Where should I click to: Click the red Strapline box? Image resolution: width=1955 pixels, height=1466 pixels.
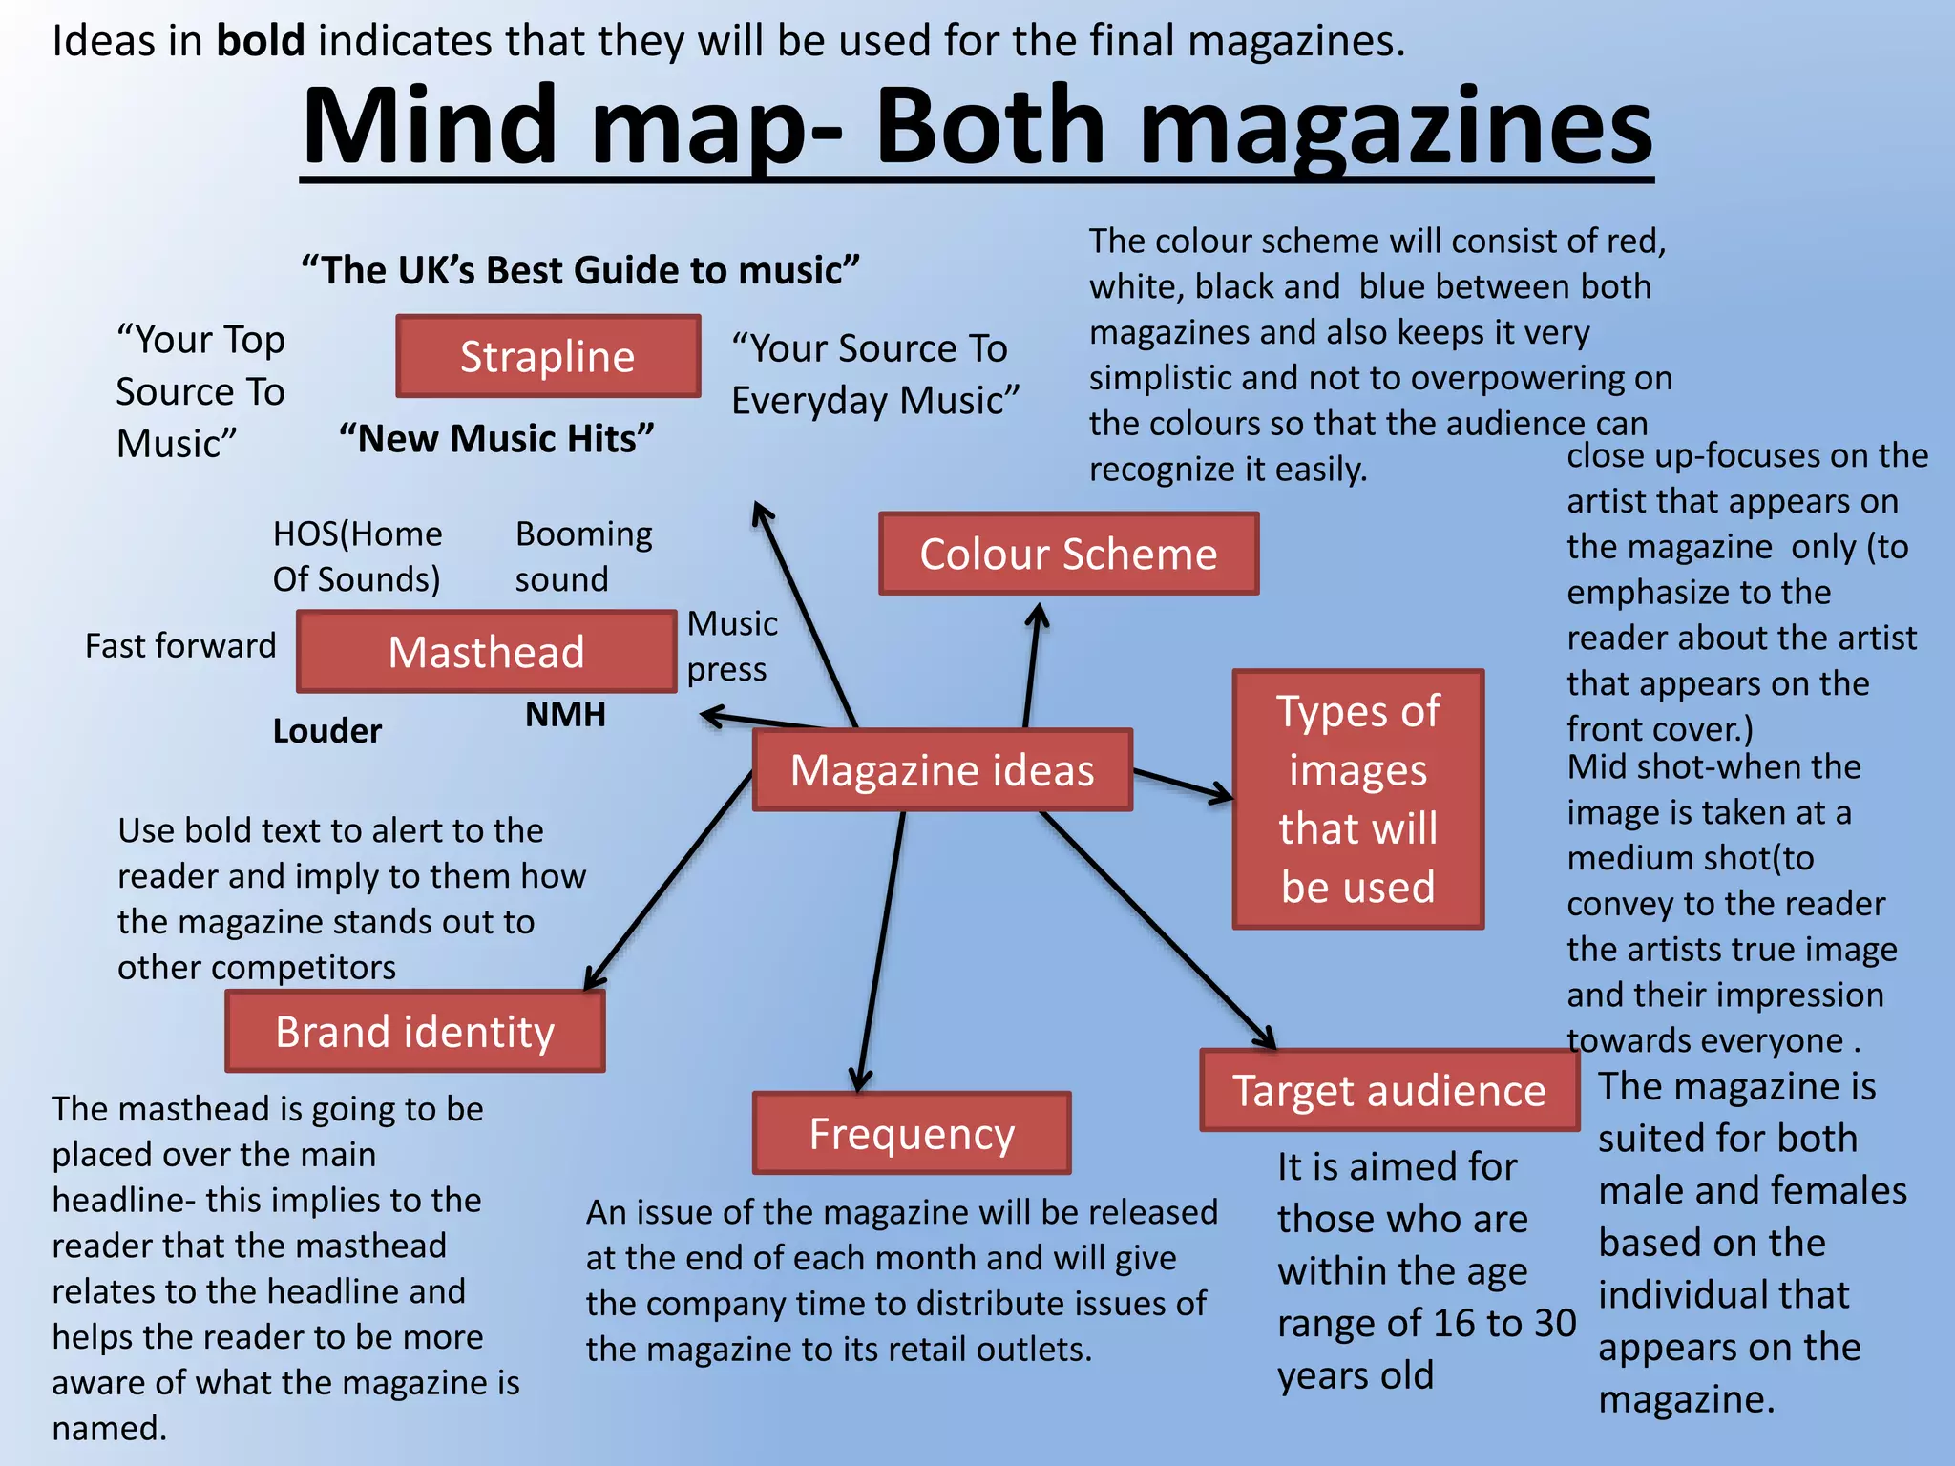click(x=548, y=356)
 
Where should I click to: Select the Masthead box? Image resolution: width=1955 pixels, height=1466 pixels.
click(x=486, y=652)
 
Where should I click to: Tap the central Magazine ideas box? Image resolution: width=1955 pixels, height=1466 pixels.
click(x=942, y=770)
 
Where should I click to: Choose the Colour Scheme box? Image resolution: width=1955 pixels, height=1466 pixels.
click(x=1068, y=555)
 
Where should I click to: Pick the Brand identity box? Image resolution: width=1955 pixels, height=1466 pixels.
click(x=415, y=1032)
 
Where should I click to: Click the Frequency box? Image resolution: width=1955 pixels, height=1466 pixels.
click(x=912, y=1134)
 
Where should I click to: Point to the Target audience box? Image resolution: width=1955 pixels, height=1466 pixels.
click(x=1389, y=1091)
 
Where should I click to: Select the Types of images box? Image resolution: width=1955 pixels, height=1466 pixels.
click(x=1357, y=799)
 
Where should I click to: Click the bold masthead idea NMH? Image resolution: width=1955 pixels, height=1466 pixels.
click(x=565, y=715)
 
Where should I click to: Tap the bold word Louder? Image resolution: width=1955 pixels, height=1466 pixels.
click(x=327, y=731)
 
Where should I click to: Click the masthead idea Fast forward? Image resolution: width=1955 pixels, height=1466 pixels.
click(x=180, y=646)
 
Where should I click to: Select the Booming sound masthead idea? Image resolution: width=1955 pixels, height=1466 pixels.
click(x=583, y=556)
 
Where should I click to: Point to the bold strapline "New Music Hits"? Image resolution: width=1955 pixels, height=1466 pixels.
click(x=497, y=439)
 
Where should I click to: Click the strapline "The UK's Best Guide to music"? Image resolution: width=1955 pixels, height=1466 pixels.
click(x=580, y=270)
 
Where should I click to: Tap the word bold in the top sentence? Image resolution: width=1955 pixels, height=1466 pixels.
click(x=261, y=41)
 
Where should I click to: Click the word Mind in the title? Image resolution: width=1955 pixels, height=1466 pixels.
click(x=430, y=127)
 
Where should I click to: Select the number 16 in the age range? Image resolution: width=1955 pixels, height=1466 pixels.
click(x=1453, y=1324)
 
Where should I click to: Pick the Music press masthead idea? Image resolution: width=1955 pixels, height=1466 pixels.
click(x=732, y=646)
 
